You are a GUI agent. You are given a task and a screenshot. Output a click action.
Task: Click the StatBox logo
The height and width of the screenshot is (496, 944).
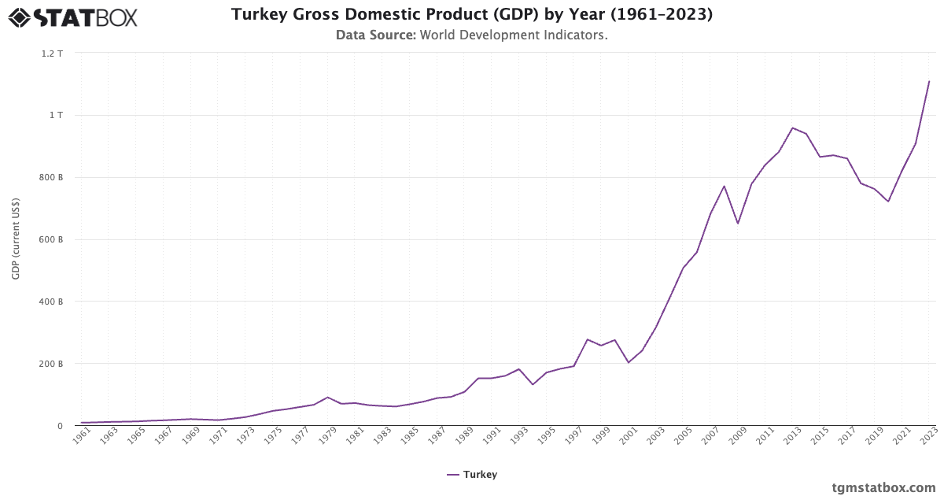click(73, 17)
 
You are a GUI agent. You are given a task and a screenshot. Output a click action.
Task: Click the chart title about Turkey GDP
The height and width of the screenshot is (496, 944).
click(472, 14)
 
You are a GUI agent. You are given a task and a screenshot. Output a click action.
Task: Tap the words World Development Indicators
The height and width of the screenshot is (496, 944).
click(513, 35)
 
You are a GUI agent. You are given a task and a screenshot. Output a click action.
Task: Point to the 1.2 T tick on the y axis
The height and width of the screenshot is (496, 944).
click(53, 54)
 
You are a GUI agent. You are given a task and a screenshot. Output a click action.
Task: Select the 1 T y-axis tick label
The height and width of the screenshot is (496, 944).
click(57, 115)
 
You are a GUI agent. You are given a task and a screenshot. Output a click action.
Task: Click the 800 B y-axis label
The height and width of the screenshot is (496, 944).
click(51, 177)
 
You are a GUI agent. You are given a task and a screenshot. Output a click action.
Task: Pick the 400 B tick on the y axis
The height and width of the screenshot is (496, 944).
click(51, 302)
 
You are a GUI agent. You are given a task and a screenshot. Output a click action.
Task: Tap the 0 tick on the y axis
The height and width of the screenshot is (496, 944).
click(59, 426)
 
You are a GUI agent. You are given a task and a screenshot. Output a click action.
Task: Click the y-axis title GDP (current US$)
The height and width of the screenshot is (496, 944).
click(16, 239)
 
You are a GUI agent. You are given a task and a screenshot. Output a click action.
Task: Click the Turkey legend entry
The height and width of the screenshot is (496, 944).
click(472, 475)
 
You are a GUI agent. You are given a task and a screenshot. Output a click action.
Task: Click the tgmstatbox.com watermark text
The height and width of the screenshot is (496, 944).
click(883, 487)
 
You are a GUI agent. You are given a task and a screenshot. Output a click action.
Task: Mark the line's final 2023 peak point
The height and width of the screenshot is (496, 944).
click(929, 81)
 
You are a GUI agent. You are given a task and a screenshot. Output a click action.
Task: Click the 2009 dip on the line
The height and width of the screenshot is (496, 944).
click(738, 224)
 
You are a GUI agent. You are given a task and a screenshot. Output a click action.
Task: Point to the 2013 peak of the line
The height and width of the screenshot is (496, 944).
click(792, 128)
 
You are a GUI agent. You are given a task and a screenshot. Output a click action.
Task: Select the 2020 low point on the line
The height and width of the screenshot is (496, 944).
click(888, 202)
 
